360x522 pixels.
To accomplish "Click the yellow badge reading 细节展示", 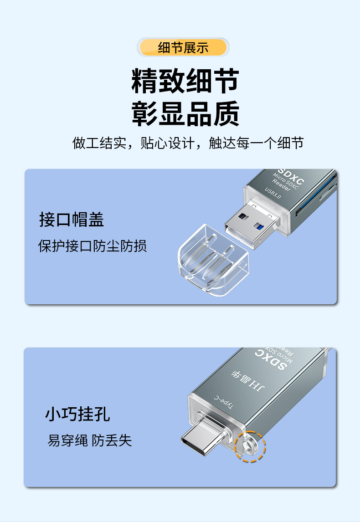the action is [183, 47].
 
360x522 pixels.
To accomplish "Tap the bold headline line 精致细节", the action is [185, 81].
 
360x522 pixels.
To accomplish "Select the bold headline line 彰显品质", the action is [185, 114].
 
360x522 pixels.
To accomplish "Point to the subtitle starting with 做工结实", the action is [188, 143].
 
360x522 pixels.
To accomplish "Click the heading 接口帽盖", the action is [72, 220].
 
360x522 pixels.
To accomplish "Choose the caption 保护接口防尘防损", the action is [92, 246].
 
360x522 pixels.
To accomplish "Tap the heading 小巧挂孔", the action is [77, 415].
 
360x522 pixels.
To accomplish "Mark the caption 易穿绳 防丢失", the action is [90, 440].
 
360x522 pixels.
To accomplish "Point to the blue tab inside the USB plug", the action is [258, 226].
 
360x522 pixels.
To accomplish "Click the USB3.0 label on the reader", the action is [273, 193].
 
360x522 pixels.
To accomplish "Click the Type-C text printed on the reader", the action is [223, 402].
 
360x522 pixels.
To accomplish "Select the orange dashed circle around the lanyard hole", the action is [250, 446].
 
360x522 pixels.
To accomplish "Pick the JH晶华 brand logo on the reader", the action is [248, 380].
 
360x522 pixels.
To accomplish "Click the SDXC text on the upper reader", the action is [291, 176].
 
